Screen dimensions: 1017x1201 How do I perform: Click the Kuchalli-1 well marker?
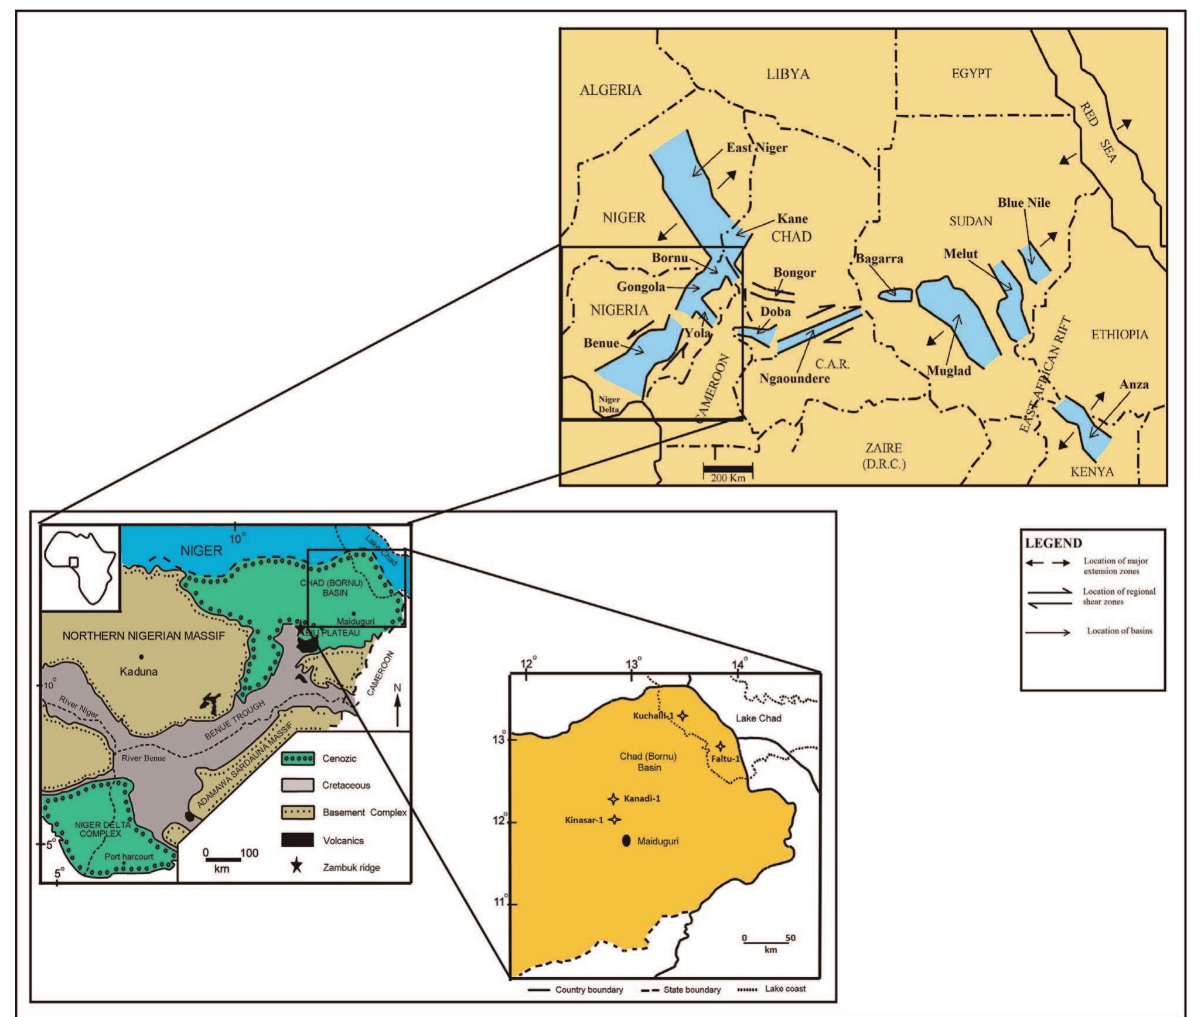tap(682, 715)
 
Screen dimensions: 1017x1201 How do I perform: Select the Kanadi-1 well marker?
tap(613, 799)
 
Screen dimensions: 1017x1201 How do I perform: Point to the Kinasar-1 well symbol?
tap(614, 820)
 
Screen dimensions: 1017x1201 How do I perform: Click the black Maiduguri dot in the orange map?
tap(626, 841)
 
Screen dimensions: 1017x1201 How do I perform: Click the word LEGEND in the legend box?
tap(1053, 543)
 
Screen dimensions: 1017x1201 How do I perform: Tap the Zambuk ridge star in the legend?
tap(297, 867)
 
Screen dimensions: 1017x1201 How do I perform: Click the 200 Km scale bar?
tap(727, 468)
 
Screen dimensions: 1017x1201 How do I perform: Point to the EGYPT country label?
tap(971, 74)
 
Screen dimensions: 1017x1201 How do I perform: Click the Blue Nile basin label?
tap(1023, 203)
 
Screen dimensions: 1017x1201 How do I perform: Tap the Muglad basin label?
tap(949, 371)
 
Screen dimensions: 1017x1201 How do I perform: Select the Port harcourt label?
tap(128, 856)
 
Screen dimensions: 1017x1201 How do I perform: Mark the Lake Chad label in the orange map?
tap(758, 718)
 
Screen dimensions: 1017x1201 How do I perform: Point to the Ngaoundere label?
tap(794, 378)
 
